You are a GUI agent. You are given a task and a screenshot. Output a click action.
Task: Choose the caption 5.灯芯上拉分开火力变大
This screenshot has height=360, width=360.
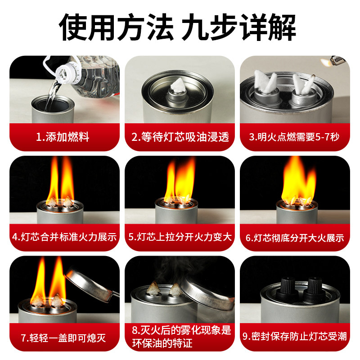tap(180, 236)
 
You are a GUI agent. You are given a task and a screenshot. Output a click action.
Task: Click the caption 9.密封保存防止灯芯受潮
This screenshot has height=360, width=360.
tap(295, 337)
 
